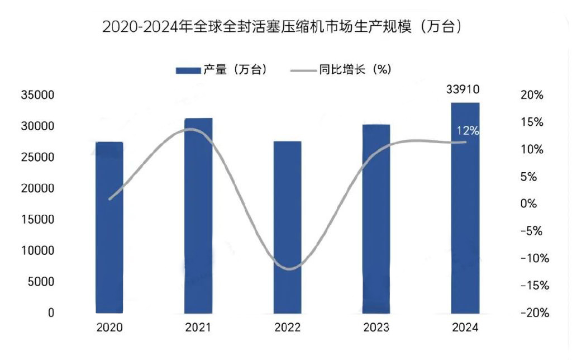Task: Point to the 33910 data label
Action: click(x=463, y=89)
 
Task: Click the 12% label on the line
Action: click(x=468, y=131)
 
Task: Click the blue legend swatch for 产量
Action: click(x=188, y=70)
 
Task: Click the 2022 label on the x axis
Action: click(x=287, y=328)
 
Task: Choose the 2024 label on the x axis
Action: click(x=465, y=328)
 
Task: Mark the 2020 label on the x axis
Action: click(x=109, y=328)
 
